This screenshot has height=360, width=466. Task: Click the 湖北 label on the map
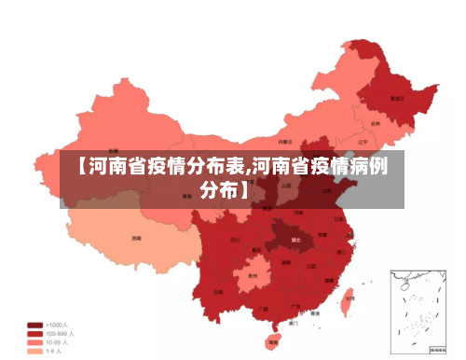pyautogui.click(x=295, y=240)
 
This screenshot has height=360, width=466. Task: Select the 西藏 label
pyautogui.click(x=137, y=238)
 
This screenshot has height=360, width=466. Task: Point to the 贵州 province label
pyautogui.click(x=253, y=277)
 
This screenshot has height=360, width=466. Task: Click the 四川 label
pyautogui.click(x=234, y=240)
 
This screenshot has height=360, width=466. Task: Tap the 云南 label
pyautogui.click(x=217, y=291)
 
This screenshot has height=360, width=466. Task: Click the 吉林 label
pyautogui.click(x=375, y=123)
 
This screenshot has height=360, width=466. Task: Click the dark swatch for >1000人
pyautogui.click(x=34, y=325)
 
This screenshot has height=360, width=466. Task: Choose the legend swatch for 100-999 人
pyautogui.click(x=34, y=334)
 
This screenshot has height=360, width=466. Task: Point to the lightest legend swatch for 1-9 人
pyautogui.click(x=34, y=352)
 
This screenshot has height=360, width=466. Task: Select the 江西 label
pyautogui.click(x=310, y=266)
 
